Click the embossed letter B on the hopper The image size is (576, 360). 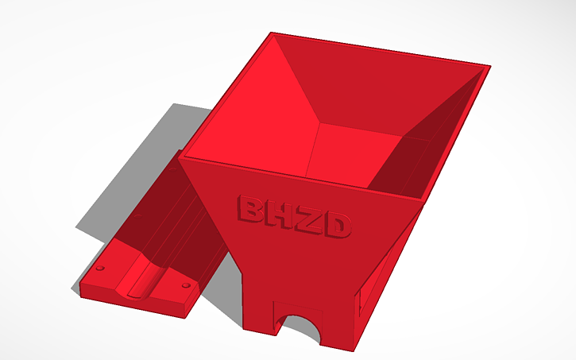pyautogui.click(x=252, y=210)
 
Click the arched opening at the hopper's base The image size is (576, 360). pyautogui.click(x=300, y=330)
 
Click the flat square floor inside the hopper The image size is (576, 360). pyautogui.click(x=350, y=154)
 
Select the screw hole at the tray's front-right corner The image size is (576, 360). pyautogui.click(x=185, y=285)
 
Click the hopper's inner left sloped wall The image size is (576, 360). pyautogui.click(x=254, y=119)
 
